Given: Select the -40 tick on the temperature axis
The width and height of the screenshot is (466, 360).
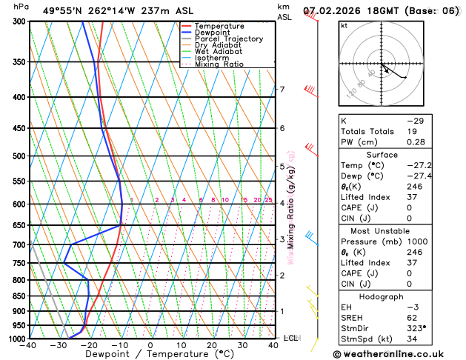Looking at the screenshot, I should click(x=30, y=345).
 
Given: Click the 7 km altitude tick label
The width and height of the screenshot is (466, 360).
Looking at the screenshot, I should click(x=282, y=90).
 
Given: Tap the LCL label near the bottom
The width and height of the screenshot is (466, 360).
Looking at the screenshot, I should click(x=290, y=338).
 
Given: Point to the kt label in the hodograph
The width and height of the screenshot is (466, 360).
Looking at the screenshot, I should click(x=344, y=25).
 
